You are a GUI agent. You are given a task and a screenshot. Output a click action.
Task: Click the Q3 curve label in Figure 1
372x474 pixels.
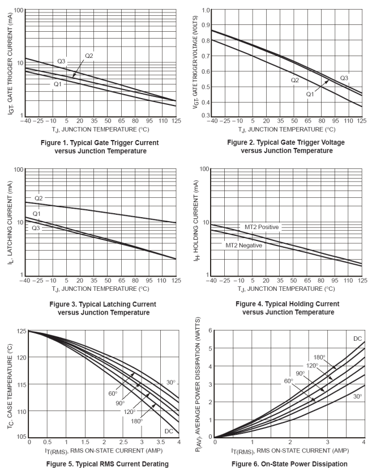click(x=62, y=61)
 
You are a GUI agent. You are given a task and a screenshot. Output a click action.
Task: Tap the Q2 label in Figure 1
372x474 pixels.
click(x=89, y=55)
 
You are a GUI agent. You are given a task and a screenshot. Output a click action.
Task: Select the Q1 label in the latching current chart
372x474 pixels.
click(x=37, y=214)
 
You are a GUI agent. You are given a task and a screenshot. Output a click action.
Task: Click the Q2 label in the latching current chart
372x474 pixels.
click(x=39, y=198)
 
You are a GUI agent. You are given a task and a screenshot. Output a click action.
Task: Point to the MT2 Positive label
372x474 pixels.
click(x=262, y=227)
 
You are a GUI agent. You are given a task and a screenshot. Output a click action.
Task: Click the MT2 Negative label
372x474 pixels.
click(x=243, y=245)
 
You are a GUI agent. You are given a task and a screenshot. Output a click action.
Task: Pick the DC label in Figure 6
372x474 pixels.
click(x=357, y=338)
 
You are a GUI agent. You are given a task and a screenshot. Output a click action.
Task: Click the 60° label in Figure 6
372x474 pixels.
click(x=289, y=381)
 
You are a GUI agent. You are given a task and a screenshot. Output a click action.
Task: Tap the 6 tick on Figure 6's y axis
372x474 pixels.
click(x=209, y=330)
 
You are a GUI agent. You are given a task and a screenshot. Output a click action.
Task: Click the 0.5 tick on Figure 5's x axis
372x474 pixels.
click(x=48, y=442)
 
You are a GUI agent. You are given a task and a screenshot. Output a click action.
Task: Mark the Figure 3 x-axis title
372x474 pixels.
click(x=100, y=289)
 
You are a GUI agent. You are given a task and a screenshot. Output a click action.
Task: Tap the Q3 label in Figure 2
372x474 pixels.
click(x=345, y=78)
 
